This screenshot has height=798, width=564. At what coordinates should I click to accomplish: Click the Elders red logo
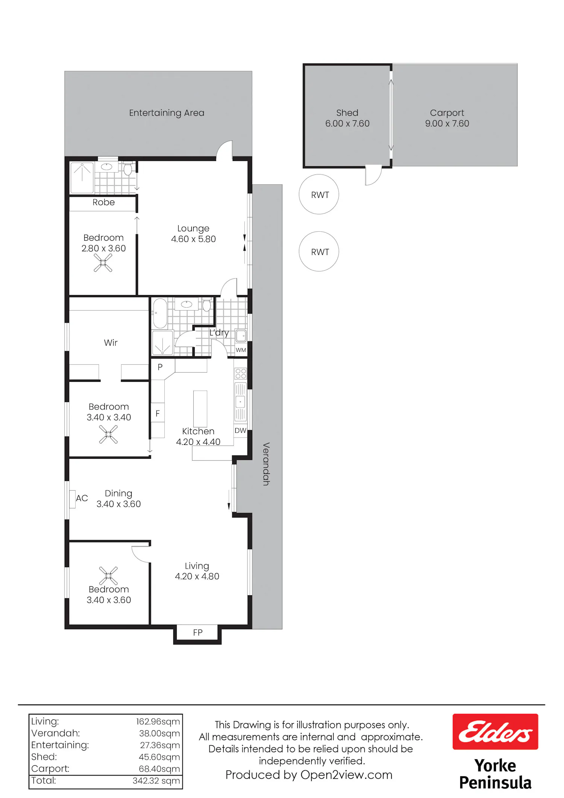tap(495, 731)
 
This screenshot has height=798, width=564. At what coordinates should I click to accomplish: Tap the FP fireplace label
tap(198, 633)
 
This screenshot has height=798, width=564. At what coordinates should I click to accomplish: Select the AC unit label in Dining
tap(82, 498)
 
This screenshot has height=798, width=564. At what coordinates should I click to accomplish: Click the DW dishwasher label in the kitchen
tap(240, 431)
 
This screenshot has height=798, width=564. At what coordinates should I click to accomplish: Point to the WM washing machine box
tap(241, 350)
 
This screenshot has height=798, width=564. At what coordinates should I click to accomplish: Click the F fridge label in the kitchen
tap(158, 413)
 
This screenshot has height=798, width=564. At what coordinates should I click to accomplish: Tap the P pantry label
tap(160, 367)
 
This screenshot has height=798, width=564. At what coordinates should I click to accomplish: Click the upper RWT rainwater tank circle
tap(319, 194)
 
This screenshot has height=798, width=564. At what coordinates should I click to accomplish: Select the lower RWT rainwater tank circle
tap(319, 251)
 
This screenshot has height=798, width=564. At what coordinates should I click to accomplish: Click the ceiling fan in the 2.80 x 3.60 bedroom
tap(103, 262)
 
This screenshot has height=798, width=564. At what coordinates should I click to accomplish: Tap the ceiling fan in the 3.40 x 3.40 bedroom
tap(108, 434)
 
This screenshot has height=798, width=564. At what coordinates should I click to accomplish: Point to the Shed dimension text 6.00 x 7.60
tap(347, 123)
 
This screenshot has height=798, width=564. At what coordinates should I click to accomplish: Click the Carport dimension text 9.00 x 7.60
tap(447, 123)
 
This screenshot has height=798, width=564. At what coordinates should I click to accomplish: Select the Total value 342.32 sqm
tap(156, 780)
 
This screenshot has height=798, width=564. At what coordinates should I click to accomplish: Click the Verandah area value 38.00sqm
tap(159, 733)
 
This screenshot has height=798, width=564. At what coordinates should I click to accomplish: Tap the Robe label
tap(104, 202)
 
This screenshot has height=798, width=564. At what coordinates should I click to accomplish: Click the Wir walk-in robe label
tap(111, 343)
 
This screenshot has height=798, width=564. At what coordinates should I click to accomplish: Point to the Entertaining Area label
tap(167, 113)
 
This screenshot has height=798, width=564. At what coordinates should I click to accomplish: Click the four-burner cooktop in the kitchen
tap(241, 373)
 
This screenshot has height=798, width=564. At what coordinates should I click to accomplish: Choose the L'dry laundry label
tap(219, 333)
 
